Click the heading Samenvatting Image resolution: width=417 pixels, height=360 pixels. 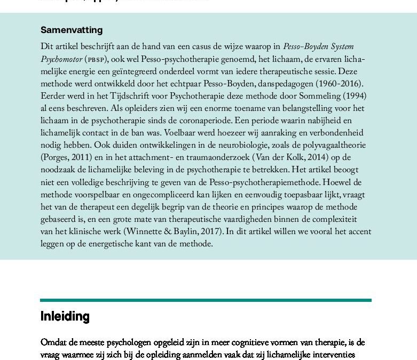(72, 30)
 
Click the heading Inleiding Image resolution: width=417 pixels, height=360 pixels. (65, 316)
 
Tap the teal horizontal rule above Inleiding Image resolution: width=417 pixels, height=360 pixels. (206, 300)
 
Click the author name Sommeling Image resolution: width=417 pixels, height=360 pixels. (310, 96)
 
